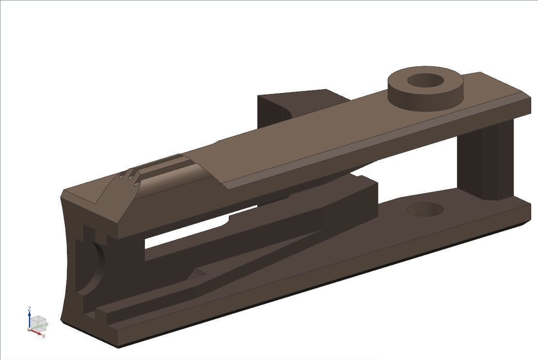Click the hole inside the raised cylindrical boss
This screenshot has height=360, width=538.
pyautogui.click(x=425, y=80)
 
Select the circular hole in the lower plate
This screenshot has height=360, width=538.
pyautogui.click(x=425, y=210)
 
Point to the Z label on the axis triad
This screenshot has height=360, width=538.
pyautogui.click(x=30, y=309)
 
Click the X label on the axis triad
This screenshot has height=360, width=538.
pyautogui.click(x=44, y=336)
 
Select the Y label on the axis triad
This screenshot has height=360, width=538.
pyautogui.click(x=47, y=325)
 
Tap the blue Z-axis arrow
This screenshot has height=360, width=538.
pyautogui.click(x=30, y=319)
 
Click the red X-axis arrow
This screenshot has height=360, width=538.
pyautogui.click(x=36, y=332)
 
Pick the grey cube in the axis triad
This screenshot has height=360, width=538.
pyautogui.click(x=39, y=323)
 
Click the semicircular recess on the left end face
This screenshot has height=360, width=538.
pyautogui.click(x=97, y=266)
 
